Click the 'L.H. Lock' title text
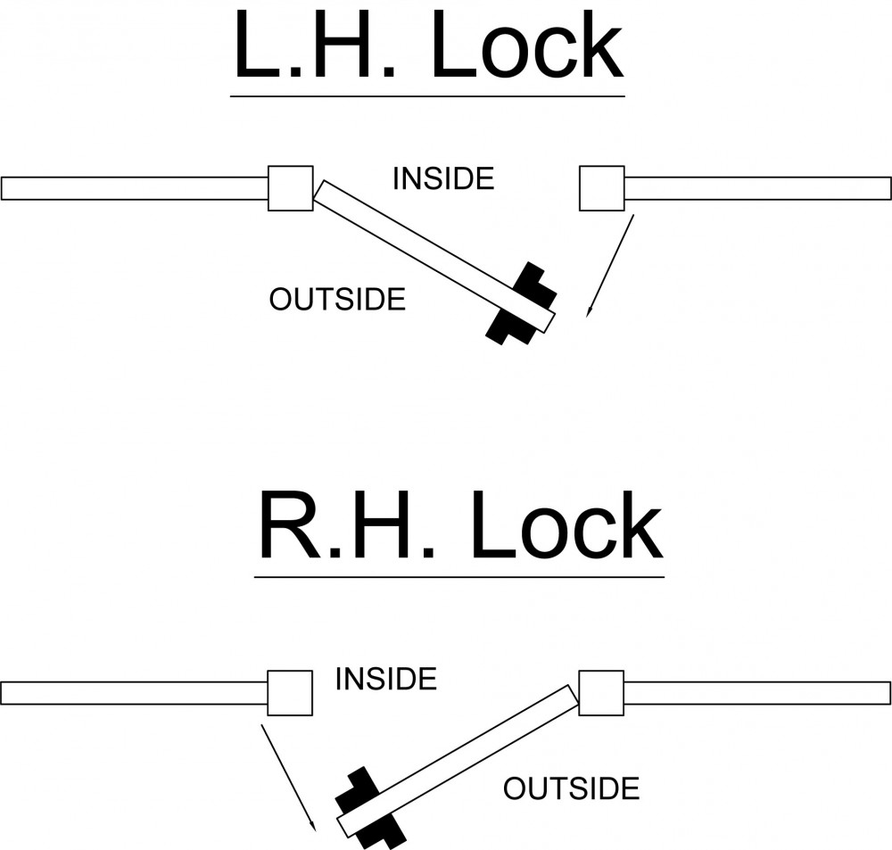pos(429,45)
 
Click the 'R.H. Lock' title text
pos(461,524)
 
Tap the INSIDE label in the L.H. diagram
pos(443,178)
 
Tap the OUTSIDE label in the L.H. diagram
pos(337,300)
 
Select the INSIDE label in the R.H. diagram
pos(385,679)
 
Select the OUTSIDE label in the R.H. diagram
pos(571,788)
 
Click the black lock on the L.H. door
pos(522,303)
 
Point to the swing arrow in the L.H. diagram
pos(610,266)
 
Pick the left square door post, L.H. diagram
pos(290,188)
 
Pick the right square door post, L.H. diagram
pos(602,188)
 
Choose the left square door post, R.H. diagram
pos(290,692)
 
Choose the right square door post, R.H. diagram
pos(601,692)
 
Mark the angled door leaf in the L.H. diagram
pos(434,256)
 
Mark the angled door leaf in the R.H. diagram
pos(458,761)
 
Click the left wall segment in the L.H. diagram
pos(135,188)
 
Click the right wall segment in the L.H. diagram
pos(757,188)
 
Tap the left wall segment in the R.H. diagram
pos(135,693)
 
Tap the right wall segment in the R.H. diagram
pos(757,693)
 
